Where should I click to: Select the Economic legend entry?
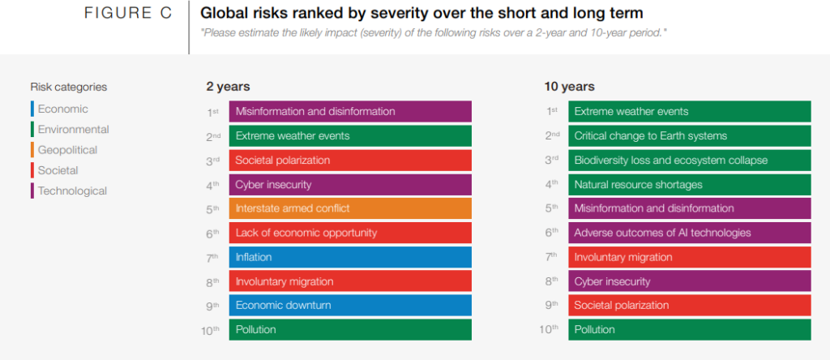coord(62,109)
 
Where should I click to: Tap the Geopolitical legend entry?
coord(67,150)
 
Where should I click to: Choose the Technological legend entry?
coord(72,191)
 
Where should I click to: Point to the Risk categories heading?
coord(69,87)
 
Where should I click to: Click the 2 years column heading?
coord(228,86)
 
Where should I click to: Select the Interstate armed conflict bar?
coord(350,208)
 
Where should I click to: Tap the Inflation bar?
coord(350,257)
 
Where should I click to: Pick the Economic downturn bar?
coord(350,306)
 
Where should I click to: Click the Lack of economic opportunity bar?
coord(350,233)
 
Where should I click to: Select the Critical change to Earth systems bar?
coord(689,135)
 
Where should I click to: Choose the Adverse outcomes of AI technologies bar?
coord(689,233)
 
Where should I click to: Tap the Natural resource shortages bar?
coord(689,184)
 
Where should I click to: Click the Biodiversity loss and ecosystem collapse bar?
coord(689,160)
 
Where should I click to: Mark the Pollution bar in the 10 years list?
coord(689,330)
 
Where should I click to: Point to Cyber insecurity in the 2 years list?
coord(350,184)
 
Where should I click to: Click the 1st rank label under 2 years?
coord(214,111)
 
